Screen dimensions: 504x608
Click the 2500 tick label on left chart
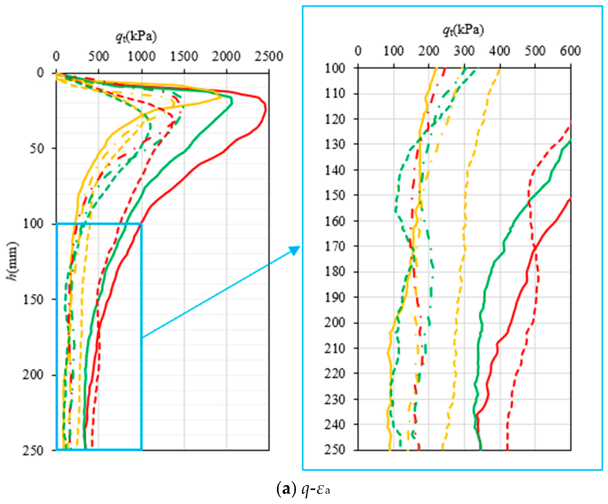[269, 56]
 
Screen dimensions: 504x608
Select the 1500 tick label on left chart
[184, 56]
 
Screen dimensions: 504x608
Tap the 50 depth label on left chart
[37, 149]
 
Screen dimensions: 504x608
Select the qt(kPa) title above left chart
[136, 37]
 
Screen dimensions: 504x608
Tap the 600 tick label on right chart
[570, 51]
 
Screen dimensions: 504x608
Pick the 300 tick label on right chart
[464, 51]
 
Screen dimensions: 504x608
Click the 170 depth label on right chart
[335, 246]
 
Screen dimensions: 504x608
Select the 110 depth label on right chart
[335, 93]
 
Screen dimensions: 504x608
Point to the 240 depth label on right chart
[335, 424]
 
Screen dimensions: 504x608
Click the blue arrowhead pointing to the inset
[295, 250]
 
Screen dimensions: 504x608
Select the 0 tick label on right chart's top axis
[358, 51]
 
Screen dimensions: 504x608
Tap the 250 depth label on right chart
[335, 450]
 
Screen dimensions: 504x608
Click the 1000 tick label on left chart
[141, 56]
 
